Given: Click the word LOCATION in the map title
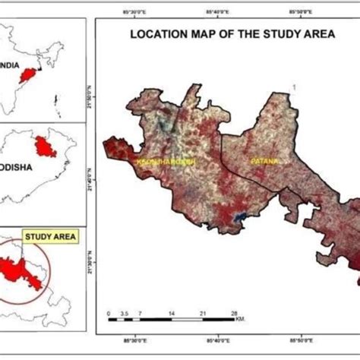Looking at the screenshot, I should tap(159, 34).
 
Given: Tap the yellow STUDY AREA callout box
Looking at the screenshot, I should tap(50, 237).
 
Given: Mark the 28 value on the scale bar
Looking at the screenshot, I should tap(235, 313).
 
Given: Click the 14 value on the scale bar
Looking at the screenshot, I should tap(172, 313).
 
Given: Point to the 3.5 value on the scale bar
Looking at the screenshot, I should tap(125, 313).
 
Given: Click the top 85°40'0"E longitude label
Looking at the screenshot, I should tap(219, 12).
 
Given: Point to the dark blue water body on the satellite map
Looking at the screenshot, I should tap(241, 219).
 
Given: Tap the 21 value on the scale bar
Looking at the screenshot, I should tap(203, 313).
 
